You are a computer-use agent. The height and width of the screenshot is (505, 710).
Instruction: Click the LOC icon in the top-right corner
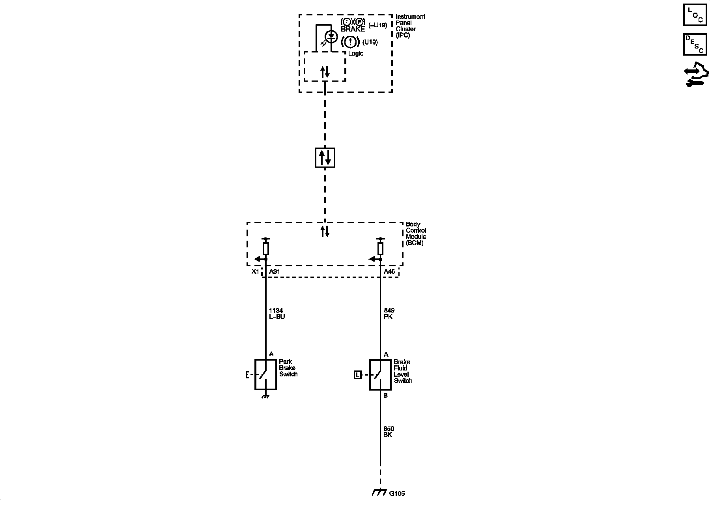point(695,15)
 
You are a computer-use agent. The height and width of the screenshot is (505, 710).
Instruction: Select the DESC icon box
point(695,44)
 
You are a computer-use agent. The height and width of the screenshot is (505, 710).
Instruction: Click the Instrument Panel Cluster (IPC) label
point(410,26)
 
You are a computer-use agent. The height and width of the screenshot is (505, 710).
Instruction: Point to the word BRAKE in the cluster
point(353,29)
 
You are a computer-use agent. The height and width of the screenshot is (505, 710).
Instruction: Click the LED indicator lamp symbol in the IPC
point(331,37)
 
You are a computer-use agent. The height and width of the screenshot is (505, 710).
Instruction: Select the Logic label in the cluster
point(355,54)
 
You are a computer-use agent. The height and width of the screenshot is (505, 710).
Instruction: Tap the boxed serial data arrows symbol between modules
point(325,157)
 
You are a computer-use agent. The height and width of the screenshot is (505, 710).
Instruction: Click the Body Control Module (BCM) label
point(415,234)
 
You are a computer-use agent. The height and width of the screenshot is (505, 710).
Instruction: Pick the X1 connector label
point(256,272)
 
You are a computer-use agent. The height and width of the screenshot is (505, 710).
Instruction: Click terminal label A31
point(274,272)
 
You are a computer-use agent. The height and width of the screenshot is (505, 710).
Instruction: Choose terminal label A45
point(389,272)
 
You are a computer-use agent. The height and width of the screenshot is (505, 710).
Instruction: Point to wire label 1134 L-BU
point(277,314)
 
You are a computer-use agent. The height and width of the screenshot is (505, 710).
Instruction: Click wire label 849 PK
point(389,314)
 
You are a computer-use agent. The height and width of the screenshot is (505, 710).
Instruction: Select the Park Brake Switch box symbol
point(265,374)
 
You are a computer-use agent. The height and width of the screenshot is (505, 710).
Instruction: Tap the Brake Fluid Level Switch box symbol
point(380,375)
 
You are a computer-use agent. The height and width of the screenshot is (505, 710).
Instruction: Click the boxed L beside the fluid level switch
point(357,375)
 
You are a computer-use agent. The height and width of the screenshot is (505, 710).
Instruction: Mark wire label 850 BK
point(389,432)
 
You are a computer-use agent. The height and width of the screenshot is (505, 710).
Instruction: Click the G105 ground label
point(397,494)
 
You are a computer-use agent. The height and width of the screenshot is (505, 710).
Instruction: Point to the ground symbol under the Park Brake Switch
point(265,396)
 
